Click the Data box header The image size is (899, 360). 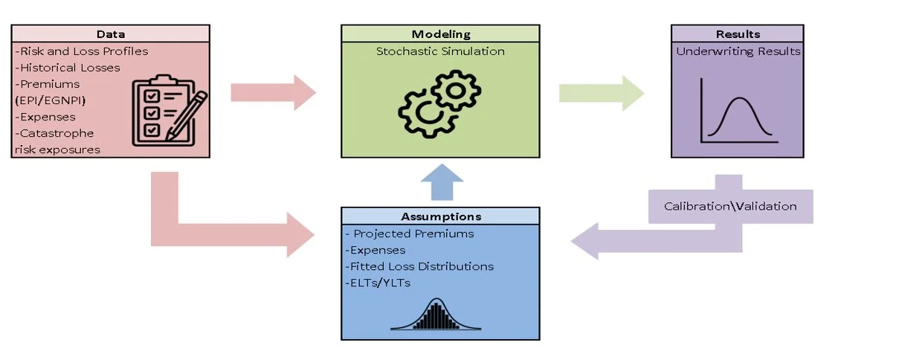[111, 34]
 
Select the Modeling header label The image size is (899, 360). [440, 34]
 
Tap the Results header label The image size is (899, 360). [737, 34]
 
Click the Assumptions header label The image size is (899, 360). [440, 216]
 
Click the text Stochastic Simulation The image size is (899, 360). [440, 51]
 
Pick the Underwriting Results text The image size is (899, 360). [738, 51]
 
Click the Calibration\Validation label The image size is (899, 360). [730, 206]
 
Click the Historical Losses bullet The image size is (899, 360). [68, 68]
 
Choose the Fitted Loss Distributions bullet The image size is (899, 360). [419, 266]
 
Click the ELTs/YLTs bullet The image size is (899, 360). [377, 282]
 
